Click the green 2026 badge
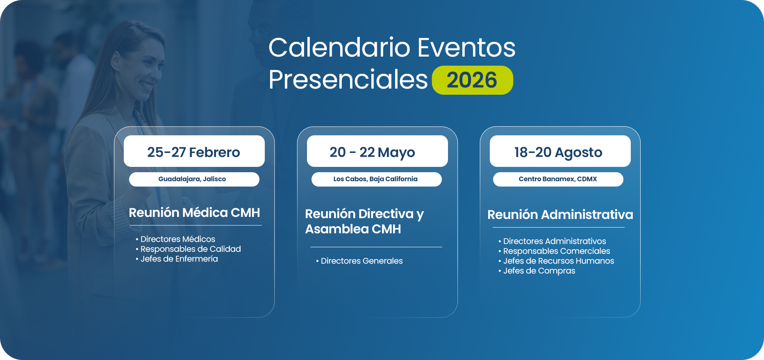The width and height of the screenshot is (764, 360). [x=472, y=80]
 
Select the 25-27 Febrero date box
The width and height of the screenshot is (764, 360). [x=194, y=151]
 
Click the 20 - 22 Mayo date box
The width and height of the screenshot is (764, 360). [x=377, y=151]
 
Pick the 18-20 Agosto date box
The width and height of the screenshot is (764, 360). [x=560, y=151]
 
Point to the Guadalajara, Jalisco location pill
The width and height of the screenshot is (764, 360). [x=194, y=179]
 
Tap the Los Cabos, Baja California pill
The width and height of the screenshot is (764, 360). [x=377, y=179]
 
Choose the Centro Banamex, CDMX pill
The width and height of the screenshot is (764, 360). [x=558, y=179]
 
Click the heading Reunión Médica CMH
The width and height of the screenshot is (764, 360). [x=194, y=212]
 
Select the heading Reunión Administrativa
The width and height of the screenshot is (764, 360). [x=560, y=214]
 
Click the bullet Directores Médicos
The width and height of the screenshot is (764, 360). [x=175, y=239]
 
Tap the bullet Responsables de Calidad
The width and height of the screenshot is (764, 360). [x=188, y=249]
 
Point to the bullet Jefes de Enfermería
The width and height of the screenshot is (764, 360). [x=177, y=259]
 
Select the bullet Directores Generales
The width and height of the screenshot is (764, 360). [x=359, y=261]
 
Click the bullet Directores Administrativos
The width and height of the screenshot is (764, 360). [x=552, y=241]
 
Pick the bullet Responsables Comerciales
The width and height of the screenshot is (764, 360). [x=554, y=251]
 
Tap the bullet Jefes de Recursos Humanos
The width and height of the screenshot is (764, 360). [x=556, y=261]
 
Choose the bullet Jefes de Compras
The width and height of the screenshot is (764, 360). [x=537, y=271]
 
